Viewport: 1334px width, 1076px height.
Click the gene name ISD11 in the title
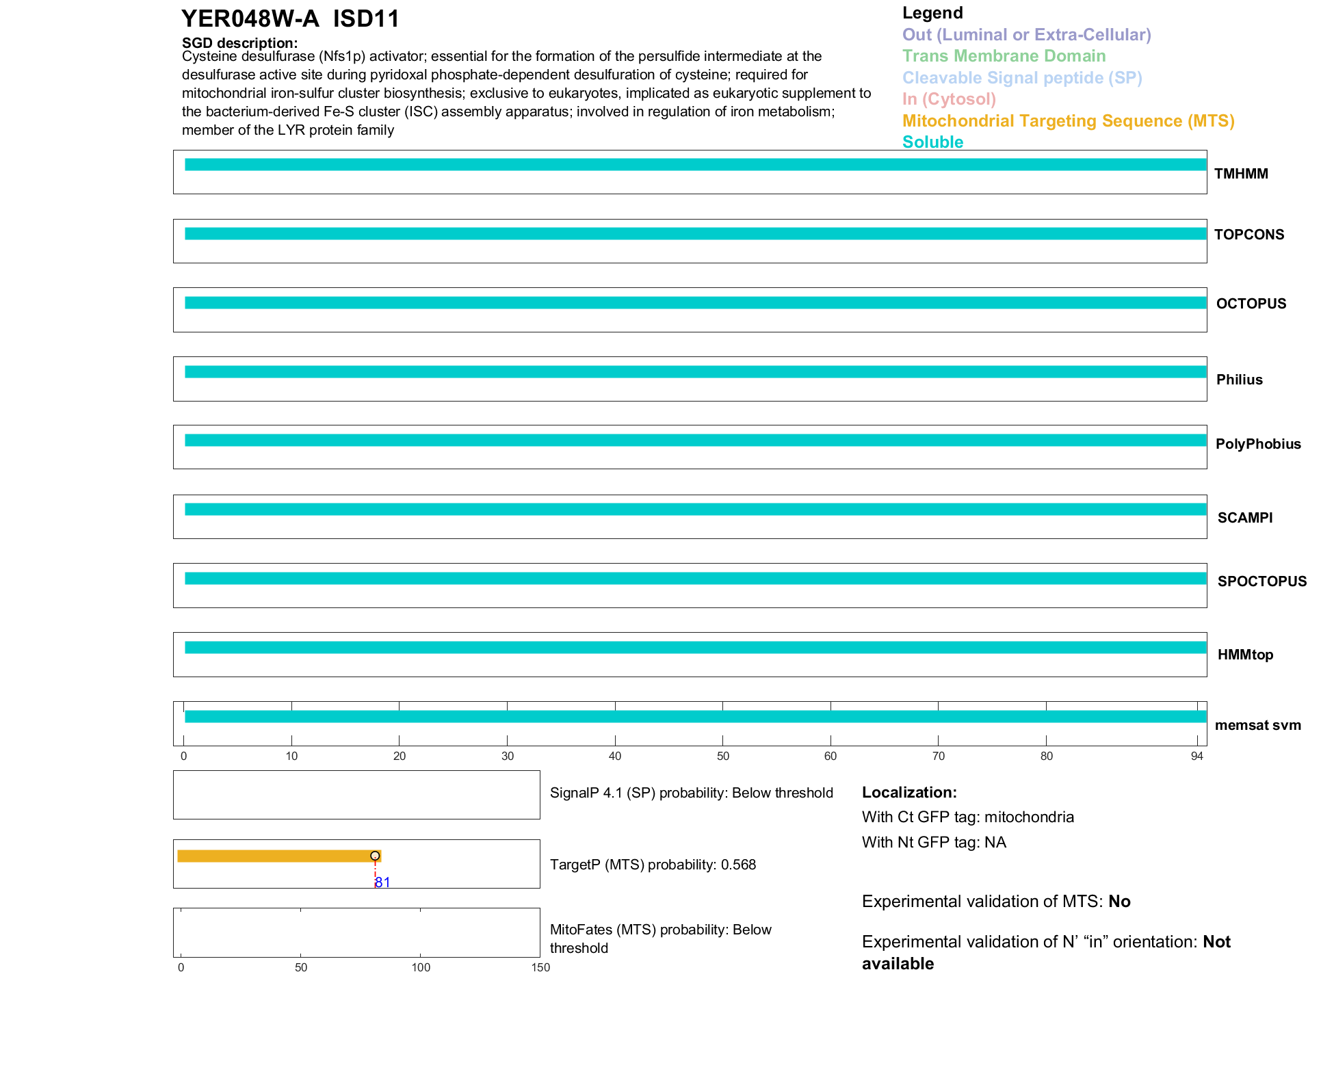click(366, 18)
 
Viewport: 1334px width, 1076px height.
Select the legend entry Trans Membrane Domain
click(1004, 56)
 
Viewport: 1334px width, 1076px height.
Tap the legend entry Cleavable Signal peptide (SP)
click(1022, 78)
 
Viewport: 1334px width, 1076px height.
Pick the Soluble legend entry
click(932, 142)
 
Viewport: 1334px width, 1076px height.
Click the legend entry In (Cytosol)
click(949, 99)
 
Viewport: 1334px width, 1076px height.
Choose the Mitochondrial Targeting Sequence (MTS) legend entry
click(1068, 121)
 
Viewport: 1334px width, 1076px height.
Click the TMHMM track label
click(1240, 174)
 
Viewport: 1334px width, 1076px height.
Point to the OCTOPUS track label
click(1251, 304)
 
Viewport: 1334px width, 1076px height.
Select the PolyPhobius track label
click(1257, 444)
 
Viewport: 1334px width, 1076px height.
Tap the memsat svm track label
click(1257, 725)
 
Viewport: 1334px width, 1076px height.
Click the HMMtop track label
click(1245, 655)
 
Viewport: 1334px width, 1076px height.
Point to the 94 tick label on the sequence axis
click(1196, 757)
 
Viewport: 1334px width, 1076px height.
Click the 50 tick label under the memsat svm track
click(722, 757)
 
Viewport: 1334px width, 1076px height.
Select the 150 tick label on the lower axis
click(540, 967)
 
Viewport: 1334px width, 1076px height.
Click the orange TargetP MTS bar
click(274, 856)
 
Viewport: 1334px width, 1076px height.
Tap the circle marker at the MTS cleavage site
click(375, 856)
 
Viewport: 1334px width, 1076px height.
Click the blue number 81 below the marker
click(383, 882)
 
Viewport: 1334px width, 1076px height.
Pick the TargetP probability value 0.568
click(738, 865)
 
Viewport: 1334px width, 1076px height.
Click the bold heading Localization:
click(909, 793)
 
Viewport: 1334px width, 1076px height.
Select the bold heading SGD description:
click(239, 43)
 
